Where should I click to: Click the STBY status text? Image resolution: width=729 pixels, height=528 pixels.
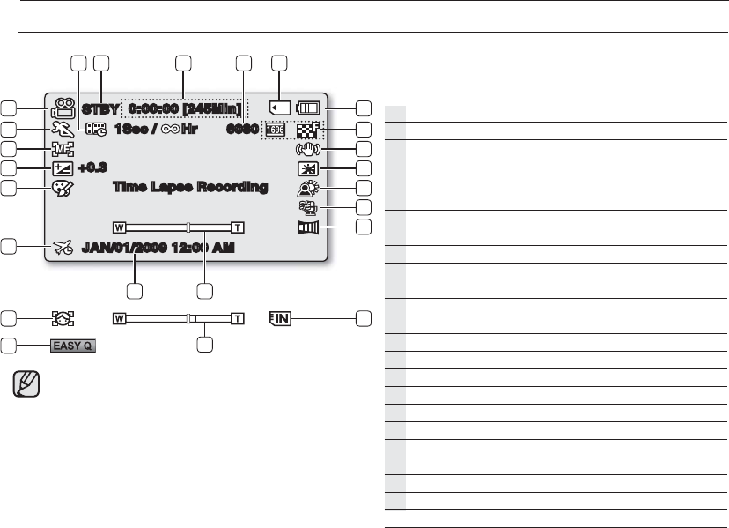click(x=101, y=109)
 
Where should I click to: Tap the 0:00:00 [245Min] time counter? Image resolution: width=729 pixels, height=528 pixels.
click(x=184, y=109)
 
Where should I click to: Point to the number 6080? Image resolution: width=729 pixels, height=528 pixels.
click(x=241, y=129)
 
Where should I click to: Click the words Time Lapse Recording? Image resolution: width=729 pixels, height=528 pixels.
click(x=191, y=187)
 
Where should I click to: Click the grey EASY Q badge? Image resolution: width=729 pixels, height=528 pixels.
click(x=73, y=345)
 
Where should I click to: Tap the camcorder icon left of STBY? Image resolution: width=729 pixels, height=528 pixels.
click(x=62, y=109)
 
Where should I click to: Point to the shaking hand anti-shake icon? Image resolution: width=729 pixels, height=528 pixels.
click(x=308, y=149)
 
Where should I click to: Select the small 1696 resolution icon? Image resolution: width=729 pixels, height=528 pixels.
click(x=275, y=130)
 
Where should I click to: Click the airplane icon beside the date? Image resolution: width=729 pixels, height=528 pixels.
click(x=63, y=248)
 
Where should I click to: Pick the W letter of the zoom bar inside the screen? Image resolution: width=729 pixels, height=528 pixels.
click(x=119, y=226)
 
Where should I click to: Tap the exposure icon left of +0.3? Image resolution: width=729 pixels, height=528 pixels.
click(x=62, y=167)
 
